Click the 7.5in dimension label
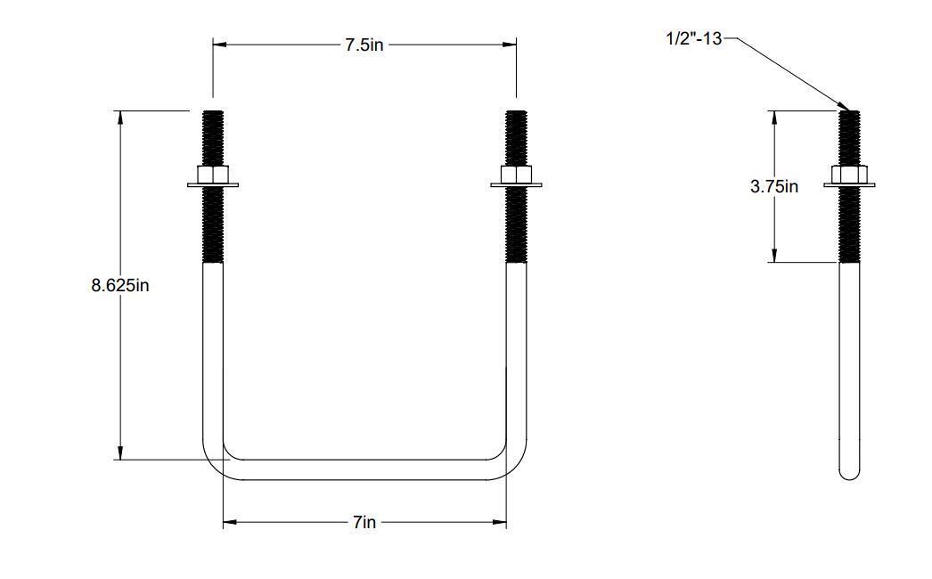coord(364,45)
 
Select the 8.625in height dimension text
coord(119,286)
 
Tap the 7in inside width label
coord(364,523)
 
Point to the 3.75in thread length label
coord(774,186)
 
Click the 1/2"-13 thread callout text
coord(692,38)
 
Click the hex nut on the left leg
coord(212,174)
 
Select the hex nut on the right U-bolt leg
coord(516,174)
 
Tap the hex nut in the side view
coord(849,174)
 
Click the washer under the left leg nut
coord(212,185)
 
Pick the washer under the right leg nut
coord(516,185)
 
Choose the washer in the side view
coord(849,185)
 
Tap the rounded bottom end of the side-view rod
coord(849,472)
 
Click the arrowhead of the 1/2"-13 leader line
coord(844,107)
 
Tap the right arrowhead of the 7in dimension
coord(500,523)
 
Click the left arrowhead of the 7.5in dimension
coord(218,44)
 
